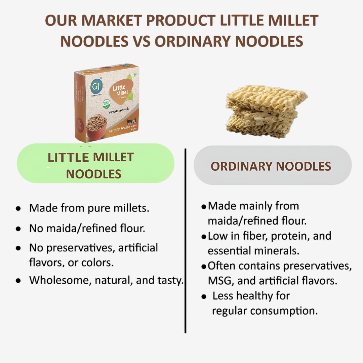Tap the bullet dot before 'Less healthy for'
(x=204, y=296)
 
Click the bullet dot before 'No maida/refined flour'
(x=18, y=229)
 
